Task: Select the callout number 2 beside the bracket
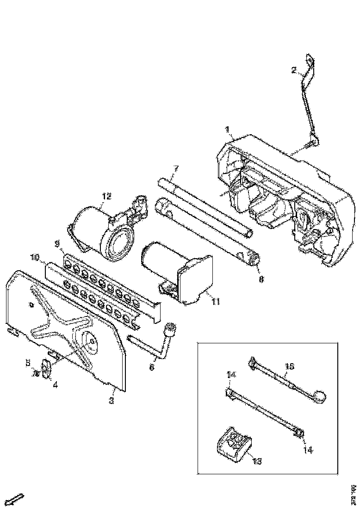pos(293,70)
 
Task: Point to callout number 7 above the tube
pos(176,168)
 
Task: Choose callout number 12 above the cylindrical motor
pos(107,196)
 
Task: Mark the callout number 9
pos(57,243)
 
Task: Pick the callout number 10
pos(36,256)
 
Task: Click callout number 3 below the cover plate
pos(111,401)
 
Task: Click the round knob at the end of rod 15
pos(320,397)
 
